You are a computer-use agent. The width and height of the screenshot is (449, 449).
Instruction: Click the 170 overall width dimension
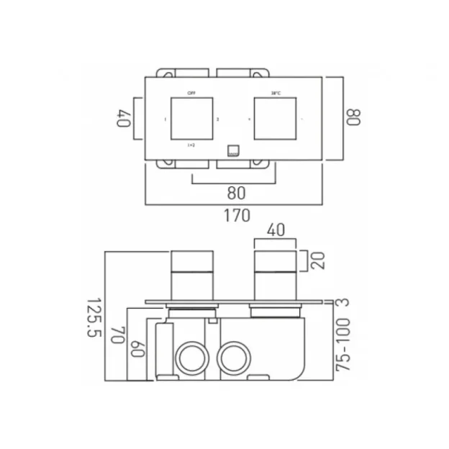point(236,214)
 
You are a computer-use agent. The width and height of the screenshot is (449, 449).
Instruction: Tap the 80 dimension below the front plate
point(236,194)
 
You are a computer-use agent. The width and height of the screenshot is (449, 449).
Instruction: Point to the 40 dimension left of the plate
point(124,117)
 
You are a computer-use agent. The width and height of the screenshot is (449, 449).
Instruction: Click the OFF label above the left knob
point(191,93)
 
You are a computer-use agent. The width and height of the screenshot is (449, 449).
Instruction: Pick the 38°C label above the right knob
point(276,93)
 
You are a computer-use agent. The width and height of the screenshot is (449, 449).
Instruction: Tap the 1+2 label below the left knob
point(191,145)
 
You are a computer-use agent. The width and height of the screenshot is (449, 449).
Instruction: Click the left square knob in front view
point(191,118)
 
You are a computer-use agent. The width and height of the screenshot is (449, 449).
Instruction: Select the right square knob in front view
point(276,118)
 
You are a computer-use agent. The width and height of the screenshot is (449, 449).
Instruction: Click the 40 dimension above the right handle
point(276,232)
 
